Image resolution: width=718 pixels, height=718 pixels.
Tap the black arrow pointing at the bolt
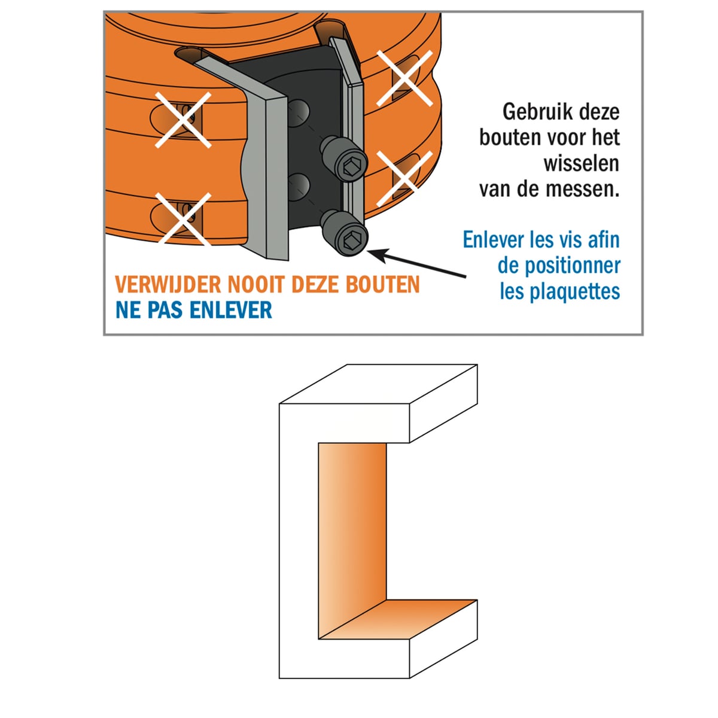416,263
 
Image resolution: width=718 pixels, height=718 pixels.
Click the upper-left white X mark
183,120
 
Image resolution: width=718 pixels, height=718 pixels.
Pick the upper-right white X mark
404,78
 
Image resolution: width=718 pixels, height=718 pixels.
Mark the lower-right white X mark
404,178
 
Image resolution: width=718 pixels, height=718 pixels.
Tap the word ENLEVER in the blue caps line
230,310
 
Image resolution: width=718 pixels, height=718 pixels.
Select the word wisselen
581,163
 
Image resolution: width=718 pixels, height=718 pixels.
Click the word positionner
573,266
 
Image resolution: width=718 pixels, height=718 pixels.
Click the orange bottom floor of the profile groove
398,619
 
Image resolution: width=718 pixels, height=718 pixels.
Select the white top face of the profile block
379,384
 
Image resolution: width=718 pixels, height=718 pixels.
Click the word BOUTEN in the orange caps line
383,285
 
